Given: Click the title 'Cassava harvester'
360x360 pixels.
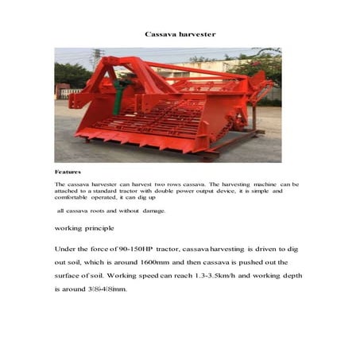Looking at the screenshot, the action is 180,34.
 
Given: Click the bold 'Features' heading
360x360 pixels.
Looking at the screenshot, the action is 68,172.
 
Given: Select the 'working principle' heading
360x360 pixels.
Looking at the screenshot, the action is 85,227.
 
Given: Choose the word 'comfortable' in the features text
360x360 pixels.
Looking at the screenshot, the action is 74,198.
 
